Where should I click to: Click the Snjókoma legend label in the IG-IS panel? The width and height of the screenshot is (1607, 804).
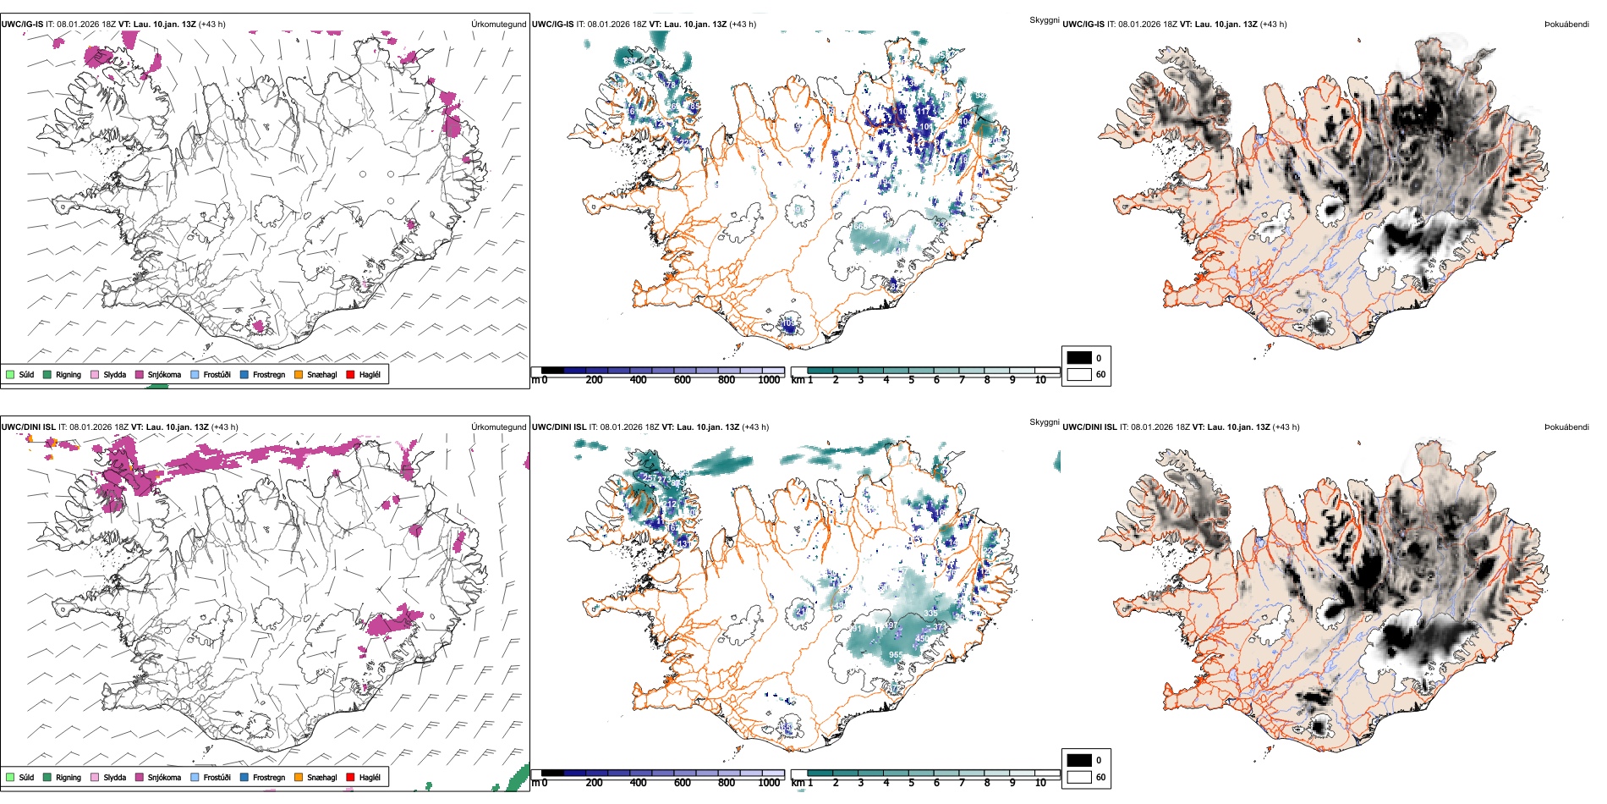click(164, 375)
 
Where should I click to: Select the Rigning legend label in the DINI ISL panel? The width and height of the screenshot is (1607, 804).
click(69, 778)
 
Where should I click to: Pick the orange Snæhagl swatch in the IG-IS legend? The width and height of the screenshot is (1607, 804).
click(299, 374)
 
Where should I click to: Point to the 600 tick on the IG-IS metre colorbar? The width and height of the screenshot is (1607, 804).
click(682, 380)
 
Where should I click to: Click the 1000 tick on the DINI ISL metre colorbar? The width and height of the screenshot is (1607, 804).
click(769, 783)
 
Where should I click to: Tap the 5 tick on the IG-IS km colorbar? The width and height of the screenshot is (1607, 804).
click(911, 380)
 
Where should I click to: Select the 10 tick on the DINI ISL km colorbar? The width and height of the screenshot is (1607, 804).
click(1040, 783)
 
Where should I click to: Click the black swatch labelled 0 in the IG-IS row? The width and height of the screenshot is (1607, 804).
click(1079, 358)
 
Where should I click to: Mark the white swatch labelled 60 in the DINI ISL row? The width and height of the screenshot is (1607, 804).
click(1079, 777)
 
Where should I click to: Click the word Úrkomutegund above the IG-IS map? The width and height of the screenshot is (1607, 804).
click(498, 25)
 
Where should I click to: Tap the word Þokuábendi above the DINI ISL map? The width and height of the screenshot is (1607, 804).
click(1566, 427)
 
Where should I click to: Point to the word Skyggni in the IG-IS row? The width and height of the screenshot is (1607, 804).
click(1045, 20)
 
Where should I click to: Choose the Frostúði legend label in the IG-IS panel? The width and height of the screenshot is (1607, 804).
click(217, 375)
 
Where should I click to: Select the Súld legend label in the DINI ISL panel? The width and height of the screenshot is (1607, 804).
click(26, 778)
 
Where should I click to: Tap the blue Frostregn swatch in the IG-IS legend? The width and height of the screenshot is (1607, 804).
click(244, 374)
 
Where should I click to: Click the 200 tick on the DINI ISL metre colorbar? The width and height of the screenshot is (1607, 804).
click(594, 783)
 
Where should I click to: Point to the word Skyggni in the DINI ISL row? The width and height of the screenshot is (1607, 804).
click(1045, 422)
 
